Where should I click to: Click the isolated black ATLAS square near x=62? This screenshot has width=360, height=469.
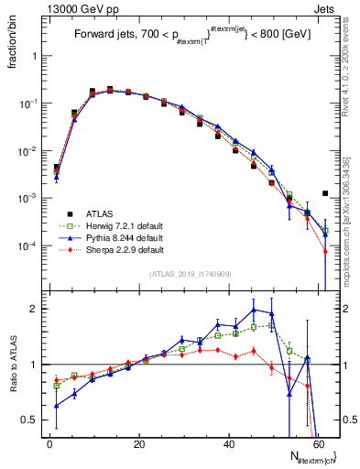click(x=325, y=193)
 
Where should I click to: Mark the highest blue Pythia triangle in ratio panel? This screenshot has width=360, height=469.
click(x=254, y=310)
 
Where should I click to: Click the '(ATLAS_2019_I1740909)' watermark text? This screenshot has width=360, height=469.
click(x=191, y=274)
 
